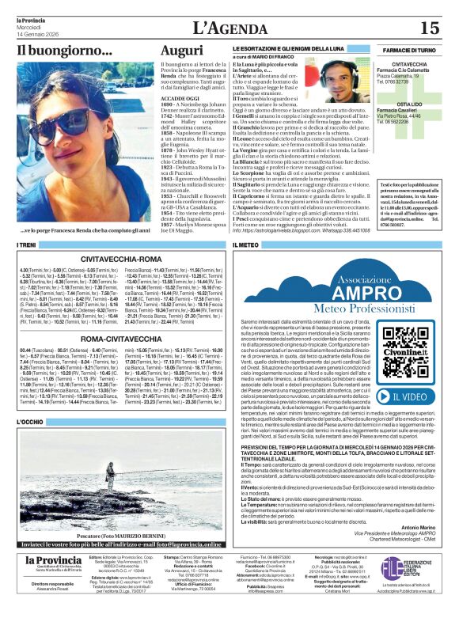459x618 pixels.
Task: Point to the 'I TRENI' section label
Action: (x=27, y=246)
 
